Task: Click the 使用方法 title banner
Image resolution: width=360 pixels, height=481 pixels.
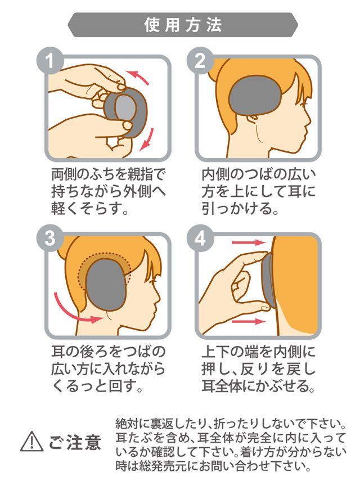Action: point(183,25)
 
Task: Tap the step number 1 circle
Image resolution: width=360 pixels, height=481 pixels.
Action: point(50,60)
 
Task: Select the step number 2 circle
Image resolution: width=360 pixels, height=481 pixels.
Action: point(200,60)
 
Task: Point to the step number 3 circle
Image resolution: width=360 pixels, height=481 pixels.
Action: point(50,238)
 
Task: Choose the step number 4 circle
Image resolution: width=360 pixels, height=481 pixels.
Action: point(200,238)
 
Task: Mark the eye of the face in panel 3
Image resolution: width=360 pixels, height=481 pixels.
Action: point(153,280)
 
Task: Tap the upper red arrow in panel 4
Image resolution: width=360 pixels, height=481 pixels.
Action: point(249,243)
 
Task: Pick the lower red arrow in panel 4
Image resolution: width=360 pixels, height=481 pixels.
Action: point(249,321)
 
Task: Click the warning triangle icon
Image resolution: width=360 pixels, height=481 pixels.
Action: point(31,442)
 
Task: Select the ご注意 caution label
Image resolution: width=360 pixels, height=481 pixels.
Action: point(75,442)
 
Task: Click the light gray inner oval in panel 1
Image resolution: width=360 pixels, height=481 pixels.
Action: point(125,107)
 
